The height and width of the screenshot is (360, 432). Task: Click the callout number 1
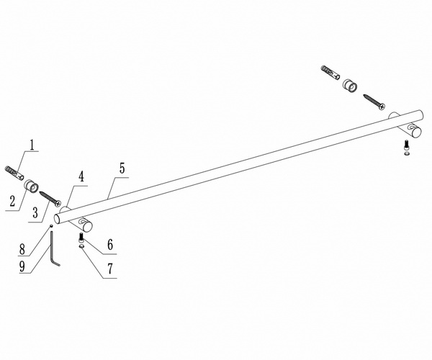tap(33, 144)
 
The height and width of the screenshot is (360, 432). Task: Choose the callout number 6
tap(110, 245)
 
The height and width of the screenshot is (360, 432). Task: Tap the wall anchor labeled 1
tap(17, 173)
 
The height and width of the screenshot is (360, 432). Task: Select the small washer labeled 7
tap(81, 246)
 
